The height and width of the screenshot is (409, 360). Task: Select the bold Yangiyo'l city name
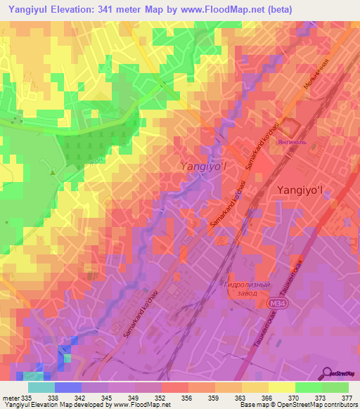tap(296, 190)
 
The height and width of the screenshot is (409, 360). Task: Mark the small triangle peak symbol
tap(52, 171)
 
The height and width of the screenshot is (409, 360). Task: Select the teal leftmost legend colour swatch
tap(41, 387)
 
